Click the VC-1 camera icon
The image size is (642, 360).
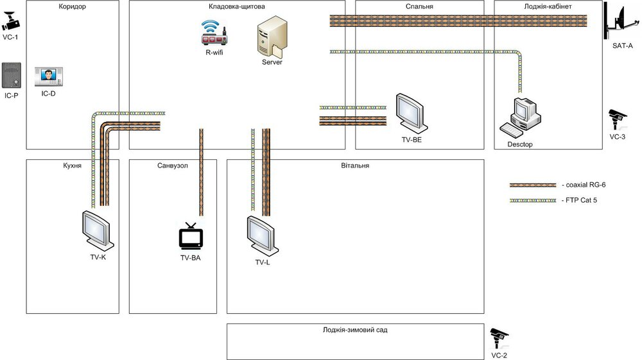11,23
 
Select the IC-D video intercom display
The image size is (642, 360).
48,77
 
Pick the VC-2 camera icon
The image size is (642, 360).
499,336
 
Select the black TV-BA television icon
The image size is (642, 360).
190,237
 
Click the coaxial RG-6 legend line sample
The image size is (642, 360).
533,185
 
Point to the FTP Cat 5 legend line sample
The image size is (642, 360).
533,200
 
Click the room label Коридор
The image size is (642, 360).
72,6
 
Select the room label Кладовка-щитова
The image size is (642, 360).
237,6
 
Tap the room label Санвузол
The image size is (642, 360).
173,165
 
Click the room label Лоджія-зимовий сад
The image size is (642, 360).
355,330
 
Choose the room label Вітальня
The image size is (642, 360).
355,165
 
